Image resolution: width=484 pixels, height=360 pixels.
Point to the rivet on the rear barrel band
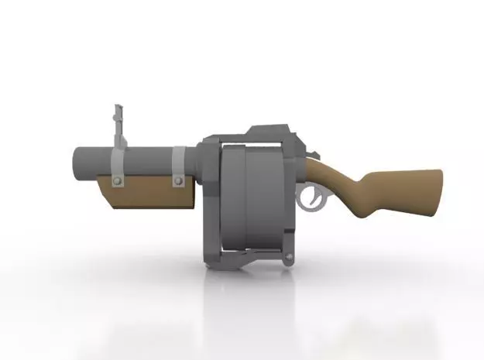click(179, 182)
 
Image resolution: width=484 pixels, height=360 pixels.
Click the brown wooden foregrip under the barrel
click(151, 194)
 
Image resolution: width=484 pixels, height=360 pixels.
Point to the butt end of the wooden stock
click(435, 190)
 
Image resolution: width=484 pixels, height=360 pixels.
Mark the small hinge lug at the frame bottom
click(289, 259)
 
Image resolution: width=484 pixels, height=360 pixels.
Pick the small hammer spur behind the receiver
click(313, 156)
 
